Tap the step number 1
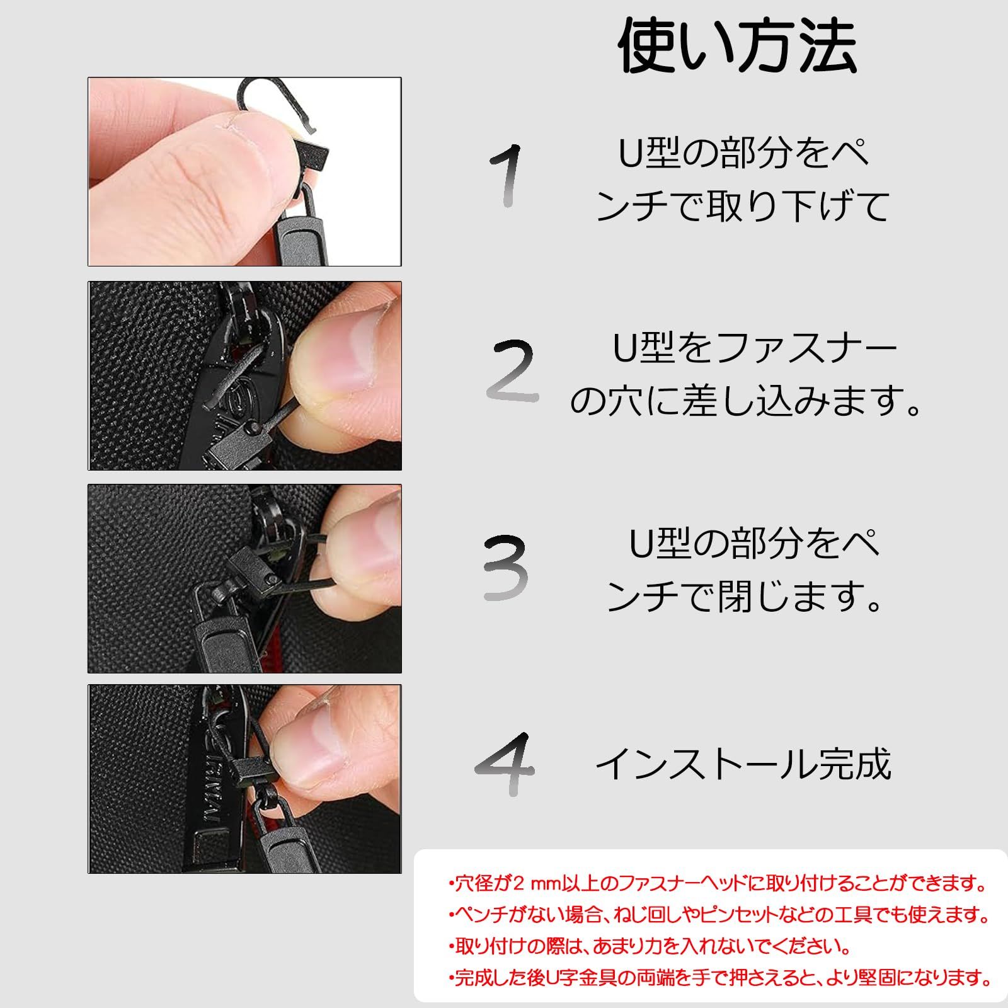pos(507,175)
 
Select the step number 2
pos(512,371)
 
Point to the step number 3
pos(505,567)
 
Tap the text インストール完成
pos(743,764)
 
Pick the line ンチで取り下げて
pos(743,205)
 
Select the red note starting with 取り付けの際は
pos(650,946)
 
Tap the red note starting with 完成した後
pos(720,977)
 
